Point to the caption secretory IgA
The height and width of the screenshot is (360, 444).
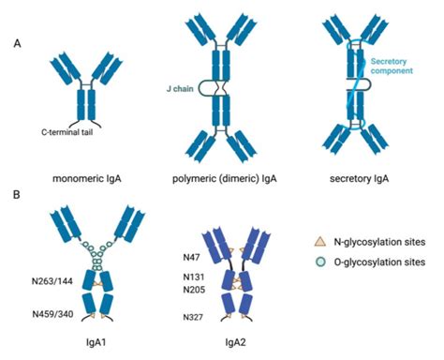click(x=361, y=174)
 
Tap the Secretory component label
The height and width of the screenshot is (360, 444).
click(x=392, y=67)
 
